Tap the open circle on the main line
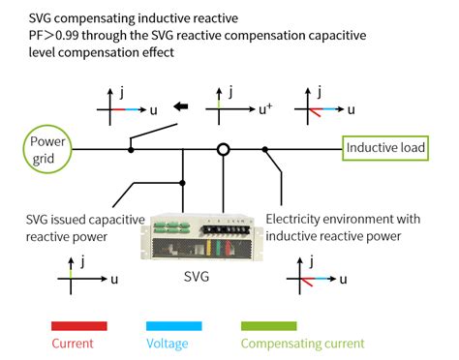coord(223,149)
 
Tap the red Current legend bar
coord(75,325)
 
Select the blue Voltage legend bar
coord(174,325)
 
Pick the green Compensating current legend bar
coord(300,325)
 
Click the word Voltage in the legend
coord(167,343)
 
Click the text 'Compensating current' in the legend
coord(301,343)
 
